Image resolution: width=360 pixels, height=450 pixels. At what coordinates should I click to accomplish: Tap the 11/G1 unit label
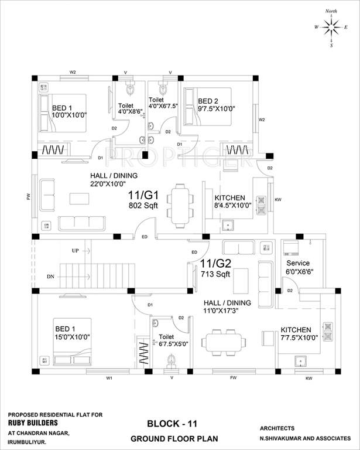click(x=141, y=196)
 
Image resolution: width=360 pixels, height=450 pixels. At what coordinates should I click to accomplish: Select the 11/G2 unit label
click(x=215, y=262)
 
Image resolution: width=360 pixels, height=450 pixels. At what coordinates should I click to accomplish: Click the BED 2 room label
click(x=208, y=101)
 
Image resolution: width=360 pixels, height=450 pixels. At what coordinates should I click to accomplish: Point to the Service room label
click(x=298, y=263)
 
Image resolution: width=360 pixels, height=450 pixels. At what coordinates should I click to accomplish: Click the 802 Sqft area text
click(x=142, y=206)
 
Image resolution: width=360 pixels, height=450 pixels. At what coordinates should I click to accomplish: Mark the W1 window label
click(x=109, y=378)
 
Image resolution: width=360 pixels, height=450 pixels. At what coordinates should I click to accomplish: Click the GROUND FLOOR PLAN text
click(x=166, y=438)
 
